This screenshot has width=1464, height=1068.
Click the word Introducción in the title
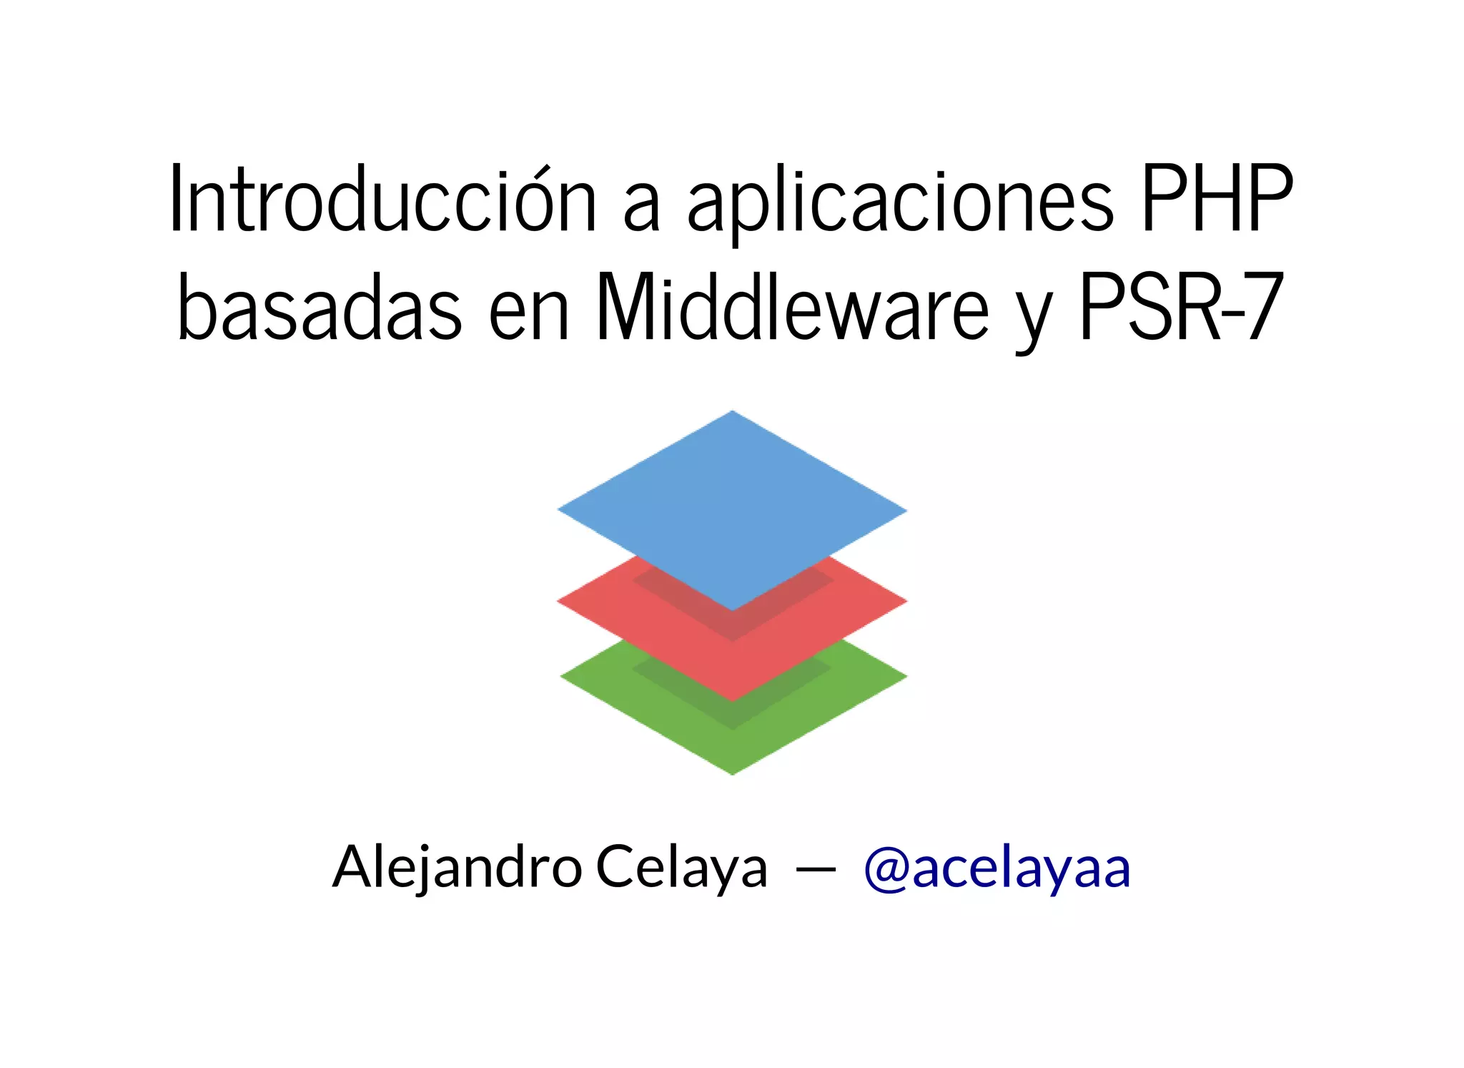coord(383,200)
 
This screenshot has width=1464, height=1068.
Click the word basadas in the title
coord(320,308)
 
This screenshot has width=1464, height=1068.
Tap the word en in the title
coord(529,315)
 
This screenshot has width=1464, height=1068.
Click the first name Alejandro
coord(457,867)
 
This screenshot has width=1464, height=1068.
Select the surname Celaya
coord(681,867)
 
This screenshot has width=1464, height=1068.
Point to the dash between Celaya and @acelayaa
coord(816,870)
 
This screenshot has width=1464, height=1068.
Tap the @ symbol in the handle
coord(886,870)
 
